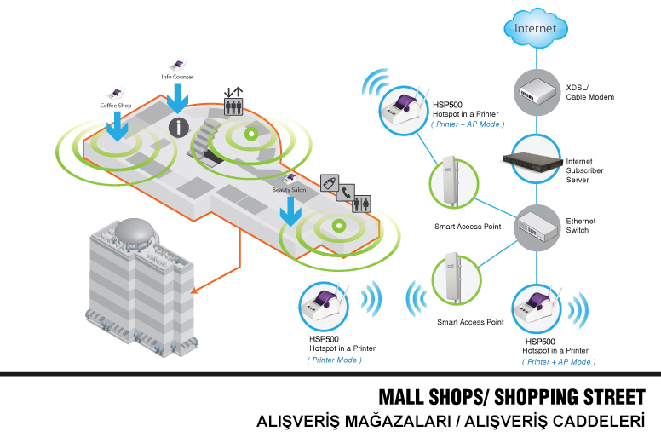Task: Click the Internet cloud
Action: pos(535,28)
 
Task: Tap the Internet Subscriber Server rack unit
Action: pos(535,159)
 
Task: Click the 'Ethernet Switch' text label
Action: pos(581,226)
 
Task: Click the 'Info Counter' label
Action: pos(177,77)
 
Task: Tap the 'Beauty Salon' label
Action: pos(289,190)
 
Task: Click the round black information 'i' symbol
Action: pos(177,128)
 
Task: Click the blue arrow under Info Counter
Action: pos(177,100)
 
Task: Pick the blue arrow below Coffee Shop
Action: pos(115,129)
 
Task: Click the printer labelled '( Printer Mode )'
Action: pos(326,308)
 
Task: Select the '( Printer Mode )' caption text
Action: pos(335,360)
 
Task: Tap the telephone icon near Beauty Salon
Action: pos(346,193)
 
